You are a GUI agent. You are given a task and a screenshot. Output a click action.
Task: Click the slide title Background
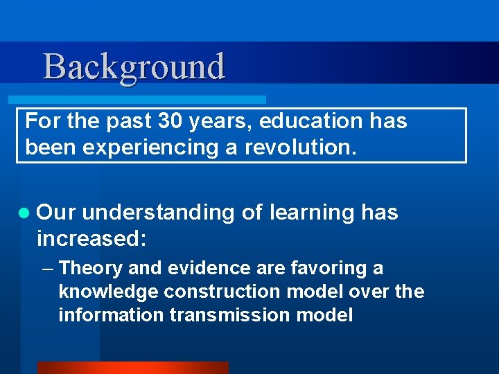[x=134, y=67]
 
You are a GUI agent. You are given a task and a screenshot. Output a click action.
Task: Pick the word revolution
[x=300, y=147]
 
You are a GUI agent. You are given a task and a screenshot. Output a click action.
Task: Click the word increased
[x=91, y=239]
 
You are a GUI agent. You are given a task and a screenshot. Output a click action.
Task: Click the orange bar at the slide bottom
[x=132, y=368]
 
